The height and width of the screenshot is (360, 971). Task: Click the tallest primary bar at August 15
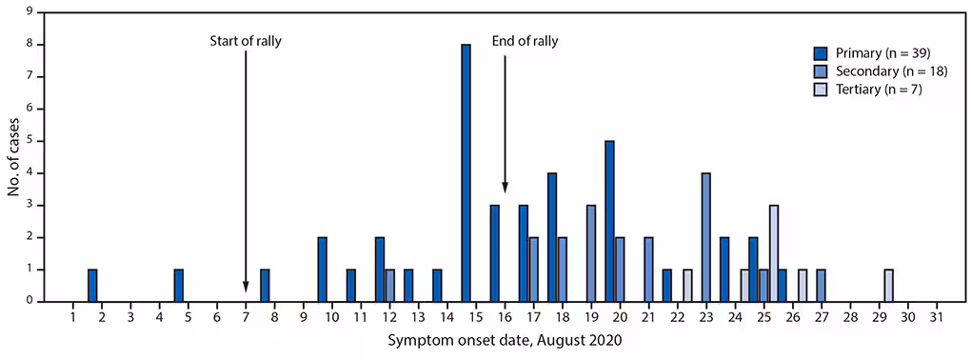pyautogui.click(x=466, y=172)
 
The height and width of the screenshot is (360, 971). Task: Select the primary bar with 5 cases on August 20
pyautogui.click(x=609, y=221)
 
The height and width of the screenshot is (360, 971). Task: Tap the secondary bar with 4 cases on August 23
pyautogui.click(x=706, y=237)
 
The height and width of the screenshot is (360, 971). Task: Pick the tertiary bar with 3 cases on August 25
pyautogui.click(x=774, y=253)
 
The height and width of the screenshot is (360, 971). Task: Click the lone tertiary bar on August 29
pyautogui.click(x=888, y=286)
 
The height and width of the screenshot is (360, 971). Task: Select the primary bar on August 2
pyautogui.click(x=92, y=286)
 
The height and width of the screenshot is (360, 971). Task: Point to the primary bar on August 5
pyautogui.click(x=178, y=286)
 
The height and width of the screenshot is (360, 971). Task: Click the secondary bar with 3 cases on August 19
pyautogui.click(x=591, y=253)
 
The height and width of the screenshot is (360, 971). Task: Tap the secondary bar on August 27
pyautogui.click(x=821, y=286)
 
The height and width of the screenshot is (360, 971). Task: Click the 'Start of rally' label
pyautogui.click(x=246, y=40)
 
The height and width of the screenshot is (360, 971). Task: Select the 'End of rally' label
pyautogui.click(x=525, y=40)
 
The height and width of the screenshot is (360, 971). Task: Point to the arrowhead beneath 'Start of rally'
pyautogui.click(x=246, y=287)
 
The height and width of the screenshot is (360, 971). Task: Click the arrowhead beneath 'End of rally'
pyautogui.click(x=505, y=187)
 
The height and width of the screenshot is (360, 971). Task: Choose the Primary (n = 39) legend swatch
pyautogui.click(x=821, y=51)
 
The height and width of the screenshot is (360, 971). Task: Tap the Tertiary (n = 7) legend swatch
pyautogui.click(x=821, y=90)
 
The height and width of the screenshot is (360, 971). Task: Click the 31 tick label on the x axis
pyautogui.click(x=937, y=316)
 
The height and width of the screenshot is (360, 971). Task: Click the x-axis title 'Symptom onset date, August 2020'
pyautogui.click(x=505, y=340)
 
